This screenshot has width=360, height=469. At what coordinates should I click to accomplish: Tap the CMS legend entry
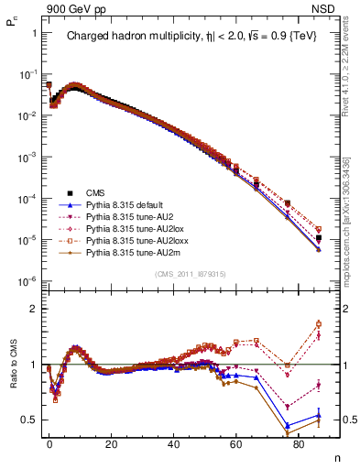pos(98,192)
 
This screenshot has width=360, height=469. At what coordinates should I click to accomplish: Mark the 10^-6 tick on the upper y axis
pos(27,280)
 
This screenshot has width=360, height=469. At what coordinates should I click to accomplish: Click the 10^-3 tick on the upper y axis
pos(27,157)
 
